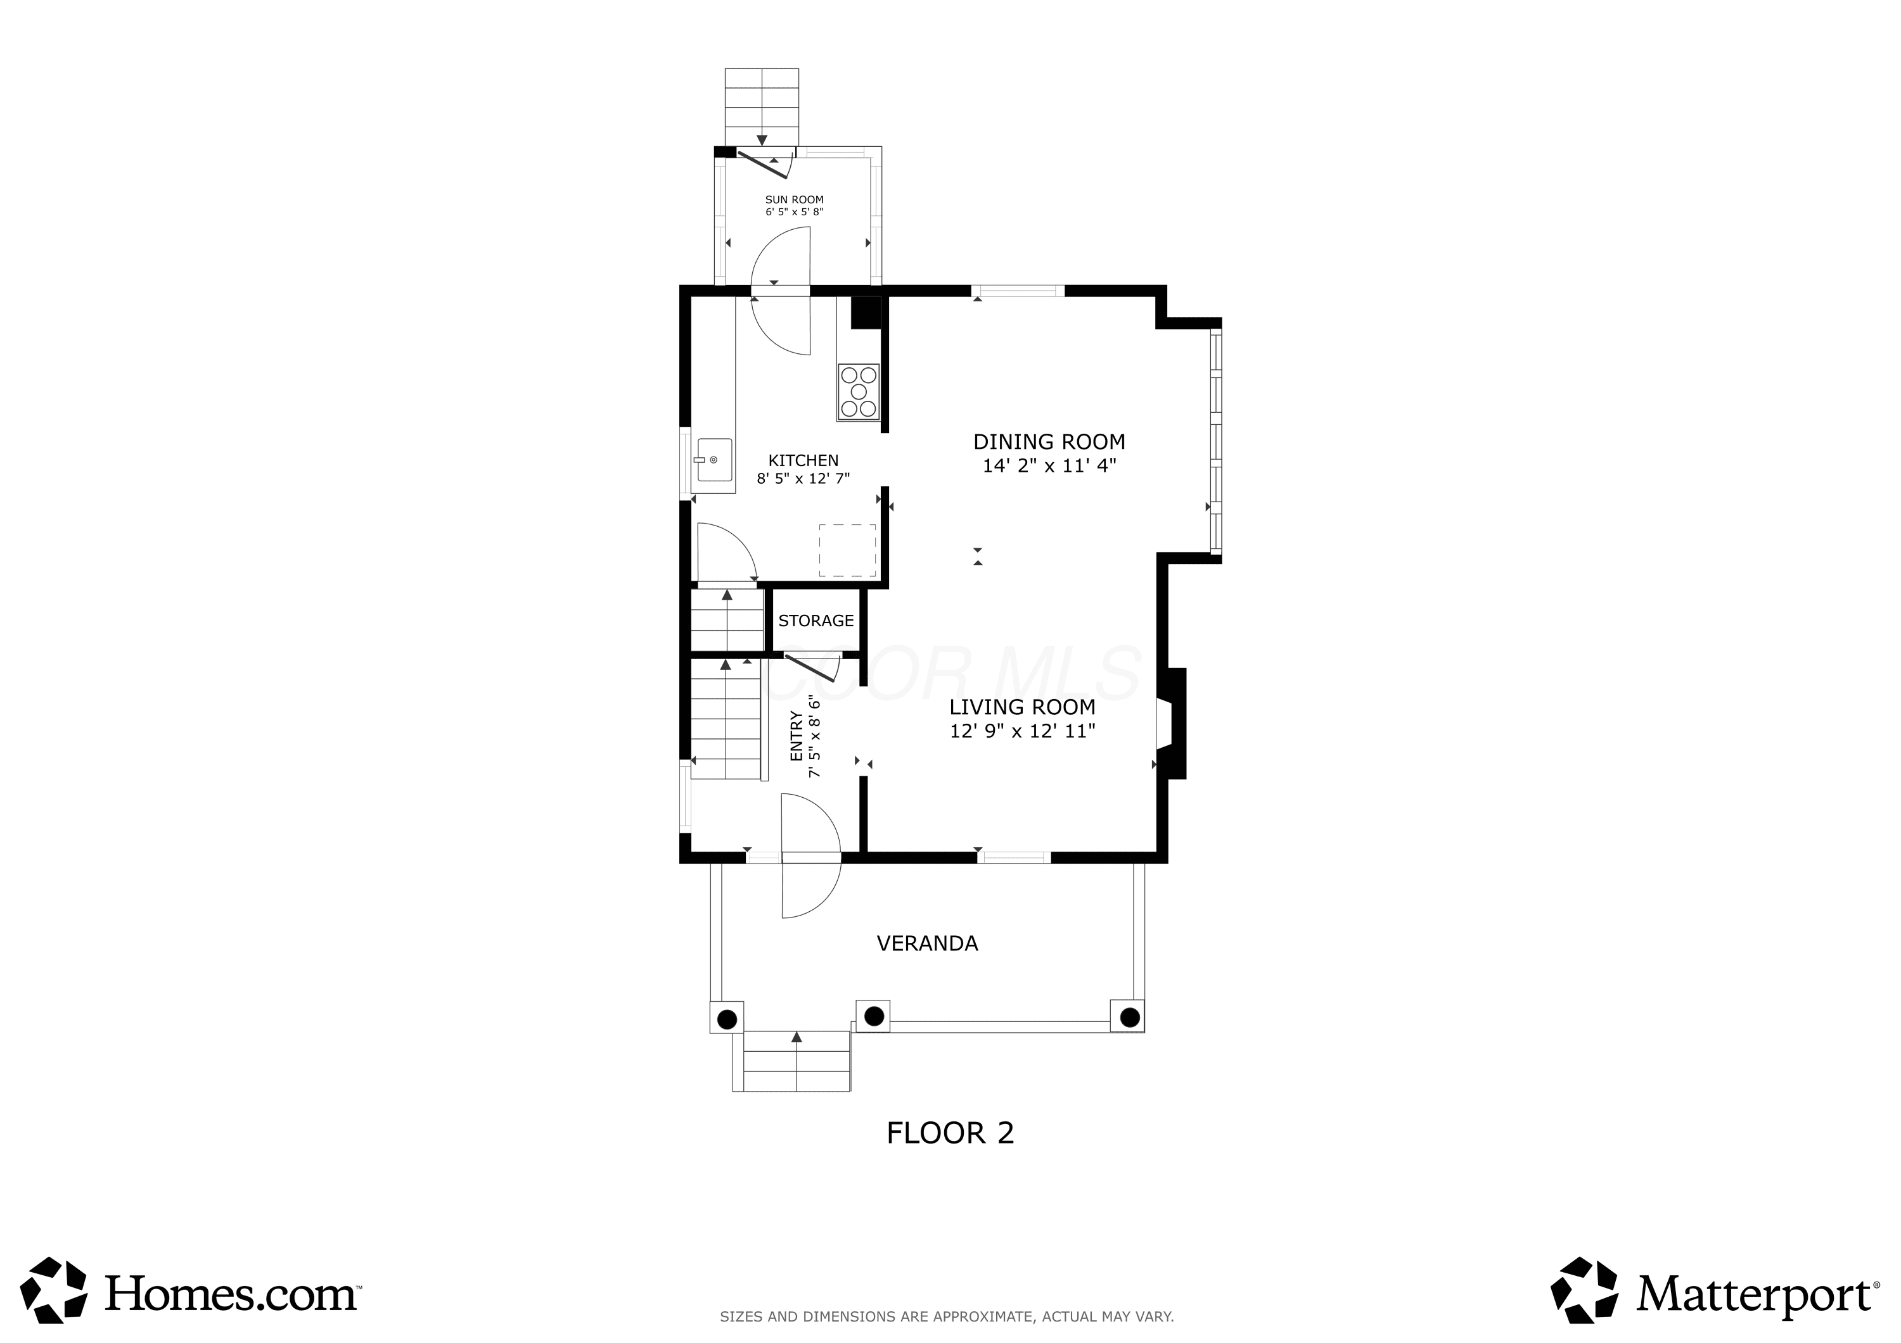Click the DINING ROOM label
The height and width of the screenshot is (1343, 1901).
click(x=1049, y=442)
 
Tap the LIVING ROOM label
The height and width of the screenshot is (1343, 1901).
click(x=1023, y=707)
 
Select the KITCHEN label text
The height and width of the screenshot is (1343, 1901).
click(x=803, y=461)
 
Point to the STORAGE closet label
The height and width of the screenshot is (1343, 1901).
click(x=816, y=621)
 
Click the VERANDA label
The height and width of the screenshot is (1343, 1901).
click(x=927, y=943)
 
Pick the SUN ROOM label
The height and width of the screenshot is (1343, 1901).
click(x=794, y=199)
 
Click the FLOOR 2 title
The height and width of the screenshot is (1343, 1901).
click(x=951, y=1133)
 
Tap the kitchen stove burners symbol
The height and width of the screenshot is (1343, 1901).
click(x=859, y=392)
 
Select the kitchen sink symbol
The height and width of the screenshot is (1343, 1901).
click(x=713, y=460)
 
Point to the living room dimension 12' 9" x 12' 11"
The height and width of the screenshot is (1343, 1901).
click(x=1023, y=731)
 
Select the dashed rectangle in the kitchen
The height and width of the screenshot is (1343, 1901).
click(x=847, y=550)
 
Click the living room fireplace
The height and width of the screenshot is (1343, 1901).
click(x=1172, y=724)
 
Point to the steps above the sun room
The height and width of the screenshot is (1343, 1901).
click(x=762, y=108)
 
